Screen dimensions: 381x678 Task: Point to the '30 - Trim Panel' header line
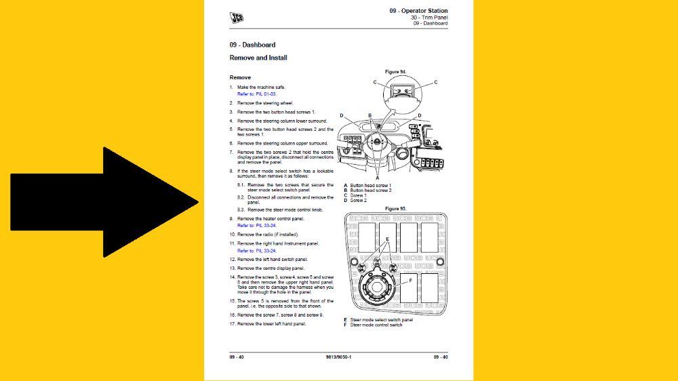tap(428, 17)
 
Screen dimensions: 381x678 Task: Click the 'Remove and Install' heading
tap(258, 58)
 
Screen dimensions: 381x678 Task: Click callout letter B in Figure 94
tap(370, 115)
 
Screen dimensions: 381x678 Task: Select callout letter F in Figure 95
tap(410, 278)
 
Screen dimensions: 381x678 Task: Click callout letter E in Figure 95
tap(387, 239)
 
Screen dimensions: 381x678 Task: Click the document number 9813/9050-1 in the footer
tap(338, 357)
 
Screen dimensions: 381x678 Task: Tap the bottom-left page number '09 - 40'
tap(237, 357)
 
